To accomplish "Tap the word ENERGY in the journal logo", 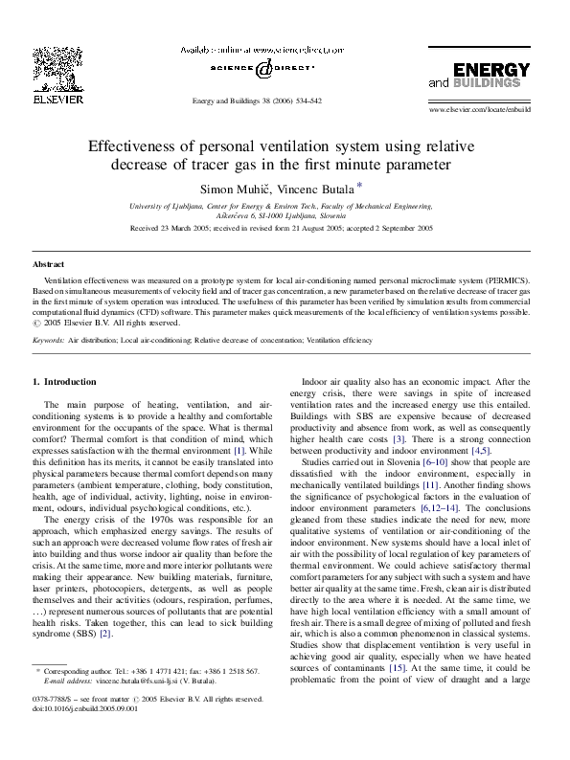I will [491, 70].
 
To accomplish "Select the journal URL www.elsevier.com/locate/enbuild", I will [480, 110].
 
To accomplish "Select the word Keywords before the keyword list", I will [48, 340].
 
